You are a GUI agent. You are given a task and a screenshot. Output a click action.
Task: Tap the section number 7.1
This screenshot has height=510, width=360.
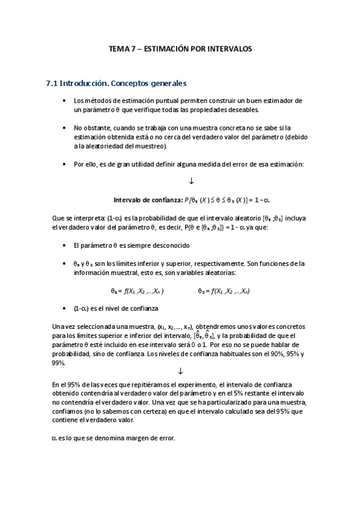point(52,84)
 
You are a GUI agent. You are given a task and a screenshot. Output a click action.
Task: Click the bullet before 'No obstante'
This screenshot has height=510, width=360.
point(64,128)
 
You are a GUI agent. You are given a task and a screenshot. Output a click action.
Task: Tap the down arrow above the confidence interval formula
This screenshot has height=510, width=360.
point(191,181)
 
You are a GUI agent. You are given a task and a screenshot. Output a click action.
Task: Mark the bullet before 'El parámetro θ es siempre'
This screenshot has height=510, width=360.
point(64,245)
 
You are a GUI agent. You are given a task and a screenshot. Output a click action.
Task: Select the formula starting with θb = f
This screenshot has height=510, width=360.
point(224,290)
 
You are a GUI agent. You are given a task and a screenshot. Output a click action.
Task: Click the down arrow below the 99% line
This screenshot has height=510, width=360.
point(181,371)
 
